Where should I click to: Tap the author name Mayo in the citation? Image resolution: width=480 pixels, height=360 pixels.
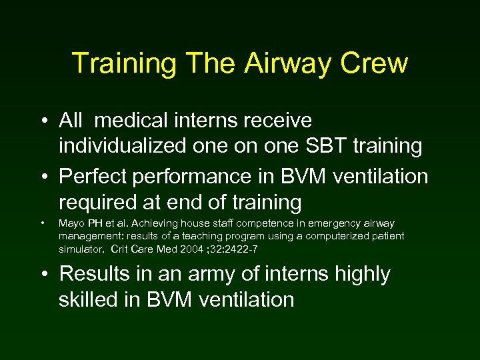pos(71,223)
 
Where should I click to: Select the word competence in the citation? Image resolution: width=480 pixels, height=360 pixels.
pos(244,223)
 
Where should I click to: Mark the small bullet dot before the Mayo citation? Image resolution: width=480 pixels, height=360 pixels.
pos(42,224)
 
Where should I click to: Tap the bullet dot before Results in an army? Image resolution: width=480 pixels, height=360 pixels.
pos(43,275)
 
